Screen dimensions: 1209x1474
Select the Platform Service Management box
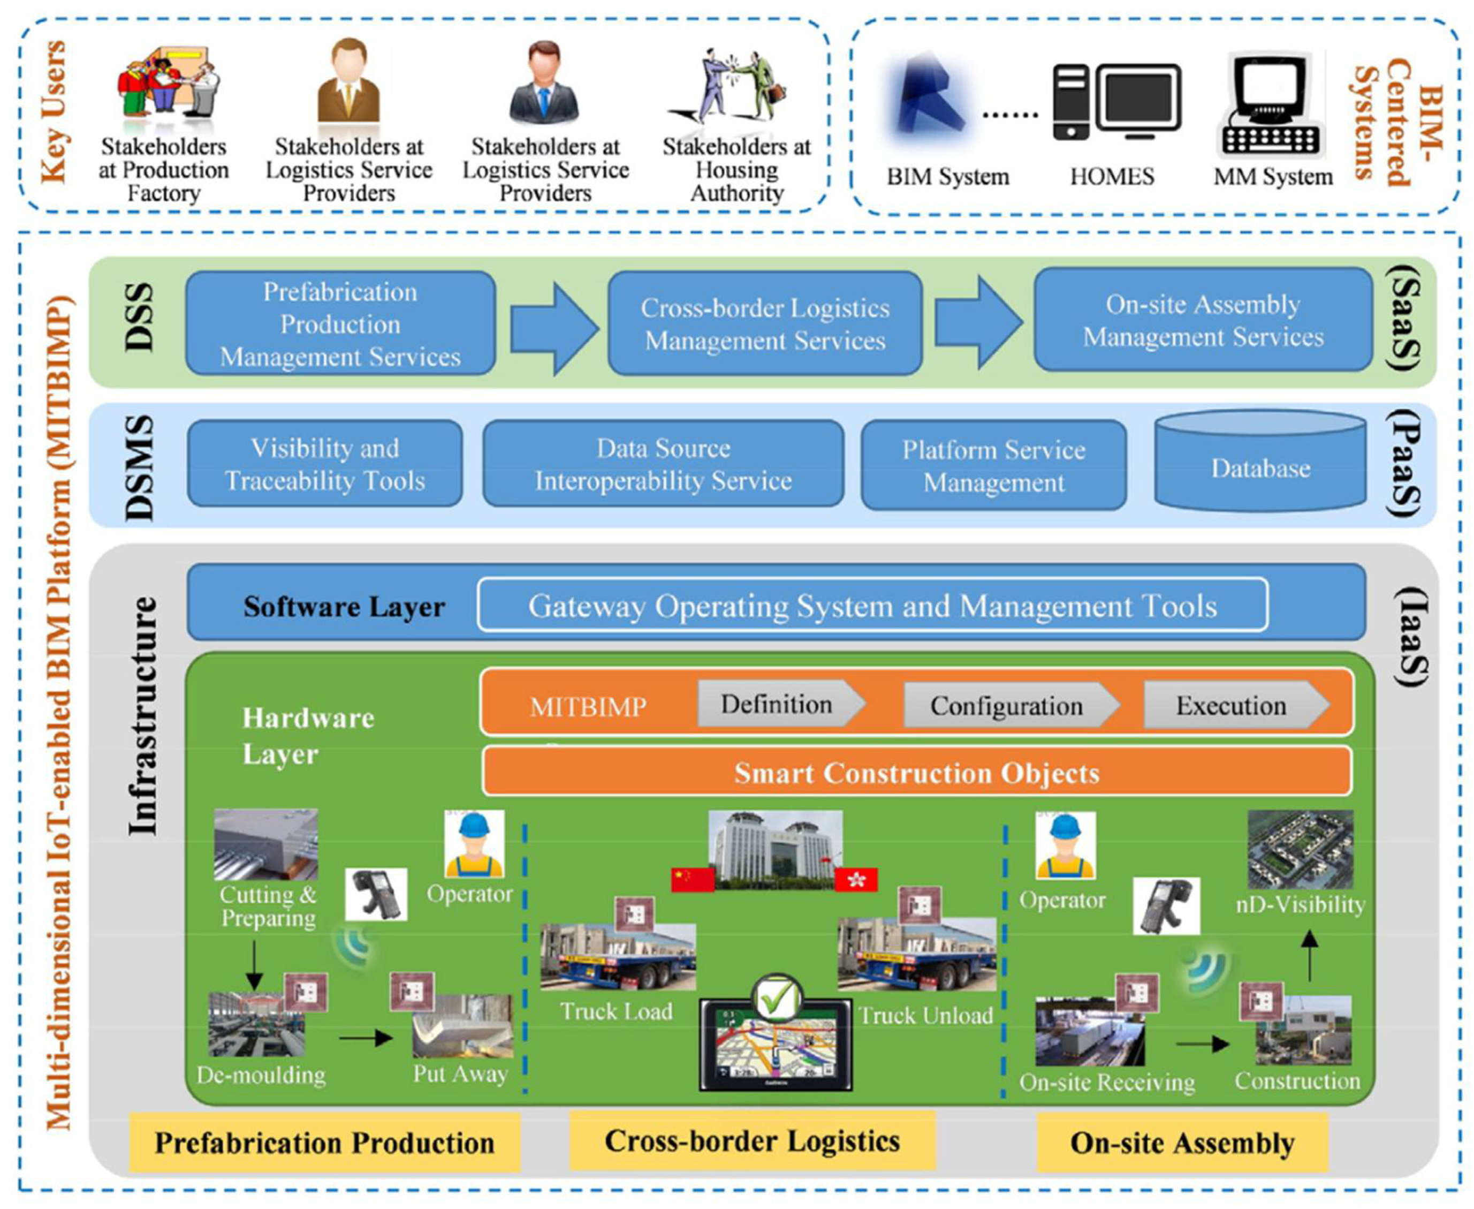click(x=993, y=465)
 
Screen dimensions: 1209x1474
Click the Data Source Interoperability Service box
click(x=663, y=464)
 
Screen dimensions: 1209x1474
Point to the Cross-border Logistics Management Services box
click(x=764, y=324)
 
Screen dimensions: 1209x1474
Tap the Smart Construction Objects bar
click(x=916, y=772)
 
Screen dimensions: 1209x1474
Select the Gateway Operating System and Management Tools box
click(x=872, y=605)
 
